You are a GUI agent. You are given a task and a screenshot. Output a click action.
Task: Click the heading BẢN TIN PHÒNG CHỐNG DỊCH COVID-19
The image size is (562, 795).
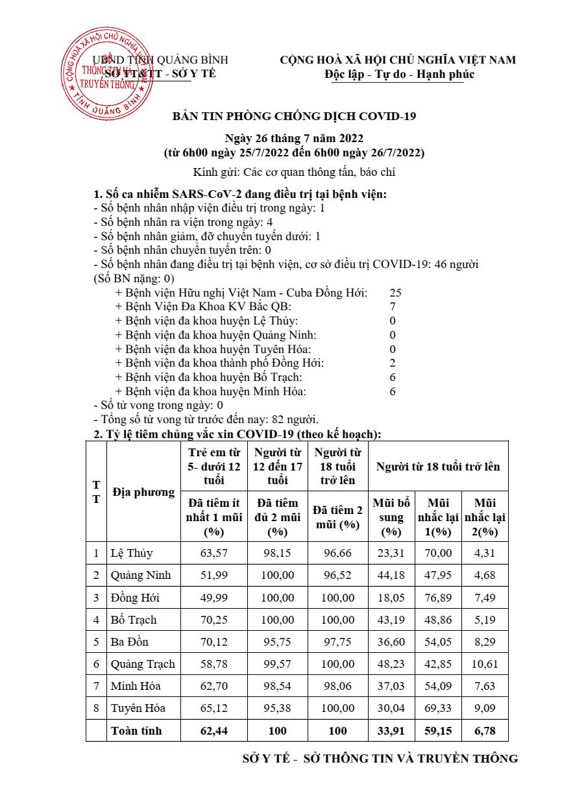pos(294,117)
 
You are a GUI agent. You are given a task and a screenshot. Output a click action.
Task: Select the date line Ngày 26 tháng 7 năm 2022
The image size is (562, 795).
pos(294,138)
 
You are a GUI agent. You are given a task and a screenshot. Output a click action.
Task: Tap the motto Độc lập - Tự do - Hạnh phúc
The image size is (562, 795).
pos(400,74)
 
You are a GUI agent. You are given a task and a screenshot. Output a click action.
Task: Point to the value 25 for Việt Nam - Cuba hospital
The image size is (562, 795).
pos(395,293)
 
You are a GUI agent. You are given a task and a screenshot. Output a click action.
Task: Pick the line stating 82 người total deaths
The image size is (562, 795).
pos(206,420)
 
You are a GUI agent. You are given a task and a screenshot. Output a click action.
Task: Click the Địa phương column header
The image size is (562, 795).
pos(143,492)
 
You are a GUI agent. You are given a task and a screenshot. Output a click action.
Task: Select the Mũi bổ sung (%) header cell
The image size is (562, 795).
pos(391,517)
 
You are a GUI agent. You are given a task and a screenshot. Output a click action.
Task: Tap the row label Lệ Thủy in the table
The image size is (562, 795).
pos(132,554)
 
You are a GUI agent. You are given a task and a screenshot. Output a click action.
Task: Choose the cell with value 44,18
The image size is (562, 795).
pos(391,576)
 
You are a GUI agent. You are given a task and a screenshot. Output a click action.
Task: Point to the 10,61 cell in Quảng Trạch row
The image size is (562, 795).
pos(485,664)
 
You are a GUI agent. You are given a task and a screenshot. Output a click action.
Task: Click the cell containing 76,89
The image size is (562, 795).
pos(438,598)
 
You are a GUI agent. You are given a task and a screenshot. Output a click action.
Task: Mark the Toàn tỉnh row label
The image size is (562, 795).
pos(136,731)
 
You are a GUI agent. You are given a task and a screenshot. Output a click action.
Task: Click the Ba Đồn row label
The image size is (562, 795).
pos(130,642)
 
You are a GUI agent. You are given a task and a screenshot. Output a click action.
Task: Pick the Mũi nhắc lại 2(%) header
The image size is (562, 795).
pos(485,517)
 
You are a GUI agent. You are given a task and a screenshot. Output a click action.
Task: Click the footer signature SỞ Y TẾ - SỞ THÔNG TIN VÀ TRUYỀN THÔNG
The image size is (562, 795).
pos(380,759)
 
